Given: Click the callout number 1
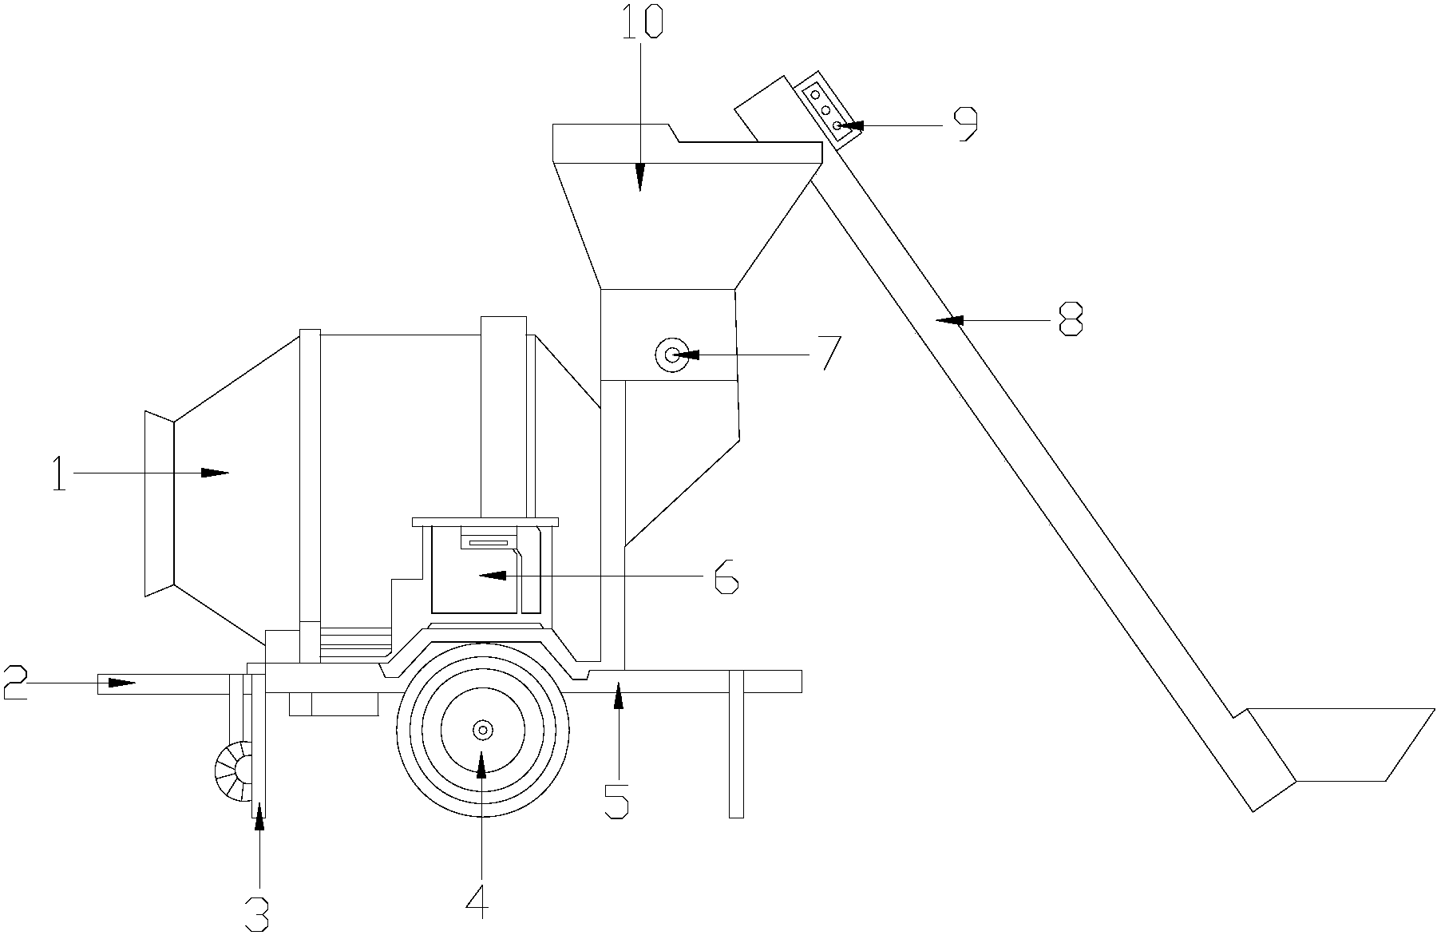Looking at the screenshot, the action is coord(58,473).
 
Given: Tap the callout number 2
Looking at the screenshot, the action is coord(16,683).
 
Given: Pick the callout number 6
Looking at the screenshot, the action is coord(726,576).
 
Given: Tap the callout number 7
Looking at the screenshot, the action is coord(831,353).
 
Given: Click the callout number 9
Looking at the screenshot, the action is coord(967,124).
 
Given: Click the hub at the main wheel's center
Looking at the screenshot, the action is coord(483,730).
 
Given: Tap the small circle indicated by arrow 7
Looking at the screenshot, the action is coord(671,355).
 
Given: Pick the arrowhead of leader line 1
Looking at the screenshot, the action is coord(214,473).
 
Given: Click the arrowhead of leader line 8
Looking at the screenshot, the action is coord(949,320).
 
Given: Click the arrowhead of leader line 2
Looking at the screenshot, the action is coord(121,683).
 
